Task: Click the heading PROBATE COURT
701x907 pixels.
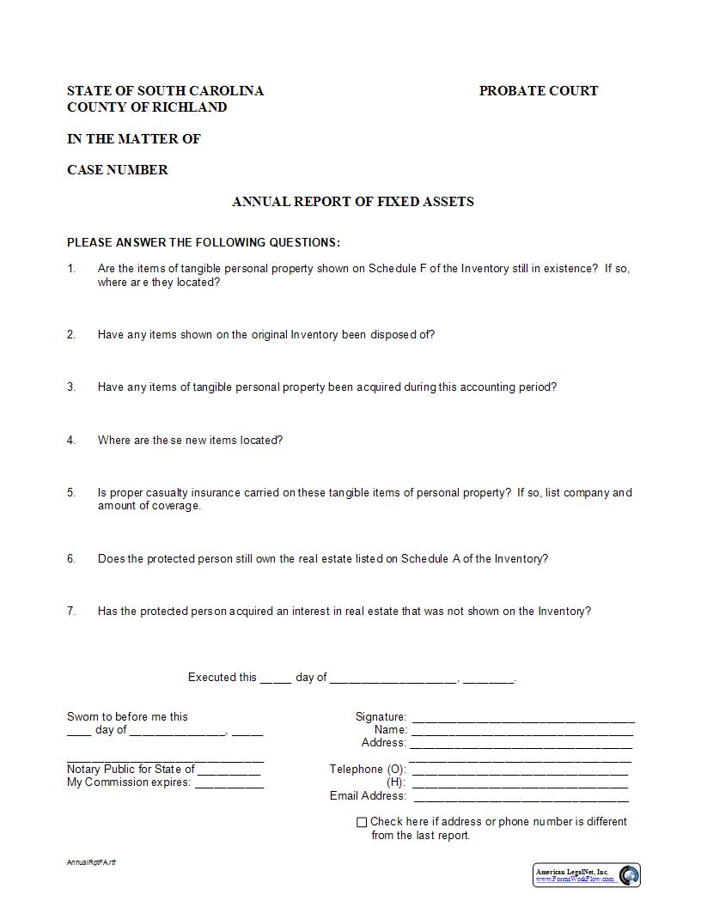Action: point(538,91)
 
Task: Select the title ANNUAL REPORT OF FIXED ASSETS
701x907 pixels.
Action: point(352,202)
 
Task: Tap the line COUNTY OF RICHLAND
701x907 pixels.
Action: point(147,107)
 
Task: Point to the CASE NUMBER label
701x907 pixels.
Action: point(118,170)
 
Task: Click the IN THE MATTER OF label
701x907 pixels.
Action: point(133,139)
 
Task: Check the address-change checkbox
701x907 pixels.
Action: point(362,822)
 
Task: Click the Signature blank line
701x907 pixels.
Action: point(523,720)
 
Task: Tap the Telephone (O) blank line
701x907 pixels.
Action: point(520,772)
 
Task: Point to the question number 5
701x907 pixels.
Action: point(71,493)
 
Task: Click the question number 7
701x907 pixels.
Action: point(71,612)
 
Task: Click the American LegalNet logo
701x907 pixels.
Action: point(587,875)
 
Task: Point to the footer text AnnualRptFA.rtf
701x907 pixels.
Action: point(91,862)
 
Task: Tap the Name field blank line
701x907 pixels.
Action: point(522,733)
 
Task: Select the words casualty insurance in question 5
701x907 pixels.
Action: point(195,493)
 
